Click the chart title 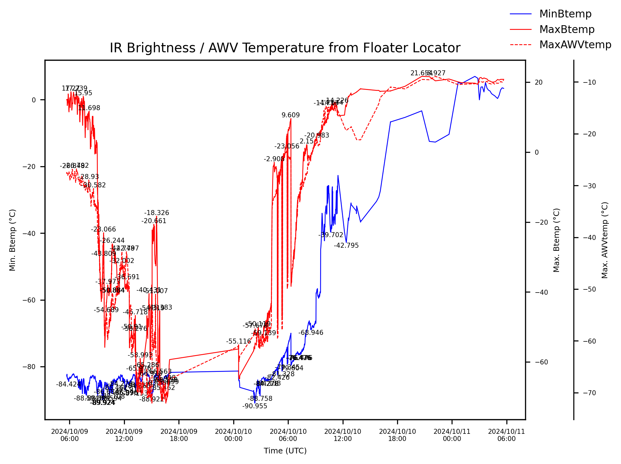(x=285, y=48)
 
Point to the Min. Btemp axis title (x=12, y=240)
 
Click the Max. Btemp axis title (x=556, y=240)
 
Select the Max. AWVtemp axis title (x=604, y=240)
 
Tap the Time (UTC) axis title (x=285, y=451)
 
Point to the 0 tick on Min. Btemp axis (x=34, y=100)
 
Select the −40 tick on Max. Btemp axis (x=541, y=292)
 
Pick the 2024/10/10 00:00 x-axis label (x=233, y=435)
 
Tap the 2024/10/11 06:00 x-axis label (x=506, y=435)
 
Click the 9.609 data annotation (x=291, y=115)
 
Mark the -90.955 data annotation (x=254, y=406)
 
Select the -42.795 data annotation (x=346, y=246)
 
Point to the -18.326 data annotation (x=156, y=213)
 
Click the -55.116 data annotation (x=238, y=341)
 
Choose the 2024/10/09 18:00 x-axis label (x=179, y=435)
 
